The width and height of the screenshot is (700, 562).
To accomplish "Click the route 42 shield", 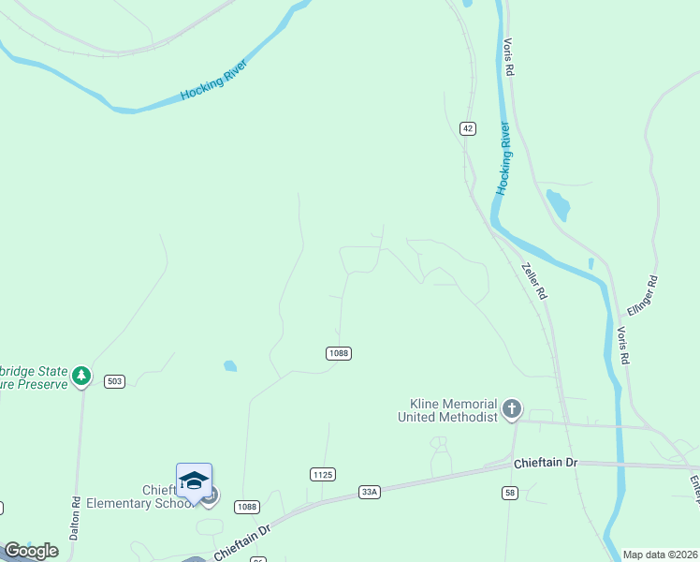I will point(468,127).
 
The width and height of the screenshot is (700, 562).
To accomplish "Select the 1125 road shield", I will point(322,475).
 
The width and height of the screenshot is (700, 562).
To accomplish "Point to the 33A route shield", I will point(370,490).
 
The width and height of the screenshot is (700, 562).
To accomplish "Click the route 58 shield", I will point(510,492).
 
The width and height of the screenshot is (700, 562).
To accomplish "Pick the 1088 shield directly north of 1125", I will point(338,353).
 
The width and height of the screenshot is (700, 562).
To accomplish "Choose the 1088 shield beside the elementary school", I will point(247,507).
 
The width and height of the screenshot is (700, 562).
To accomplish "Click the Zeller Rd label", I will point(533,279).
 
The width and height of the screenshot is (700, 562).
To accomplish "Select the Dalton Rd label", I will point(76,515).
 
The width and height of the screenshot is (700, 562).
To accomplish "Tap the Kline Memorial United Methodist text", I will point(447,410).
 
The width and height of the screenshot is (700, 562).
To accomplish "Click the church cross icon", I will point(511,408).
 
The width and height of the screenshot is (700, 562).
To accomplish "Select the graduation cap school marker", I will point(194,480).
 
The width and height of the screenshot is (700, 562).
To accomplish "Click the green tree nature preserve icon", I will point(82,376).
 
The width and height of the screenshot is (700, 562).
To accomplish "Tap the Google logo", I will point(31,551).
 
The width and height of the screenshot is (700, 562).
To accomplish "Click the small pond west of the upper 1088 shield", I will point(230,366).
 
